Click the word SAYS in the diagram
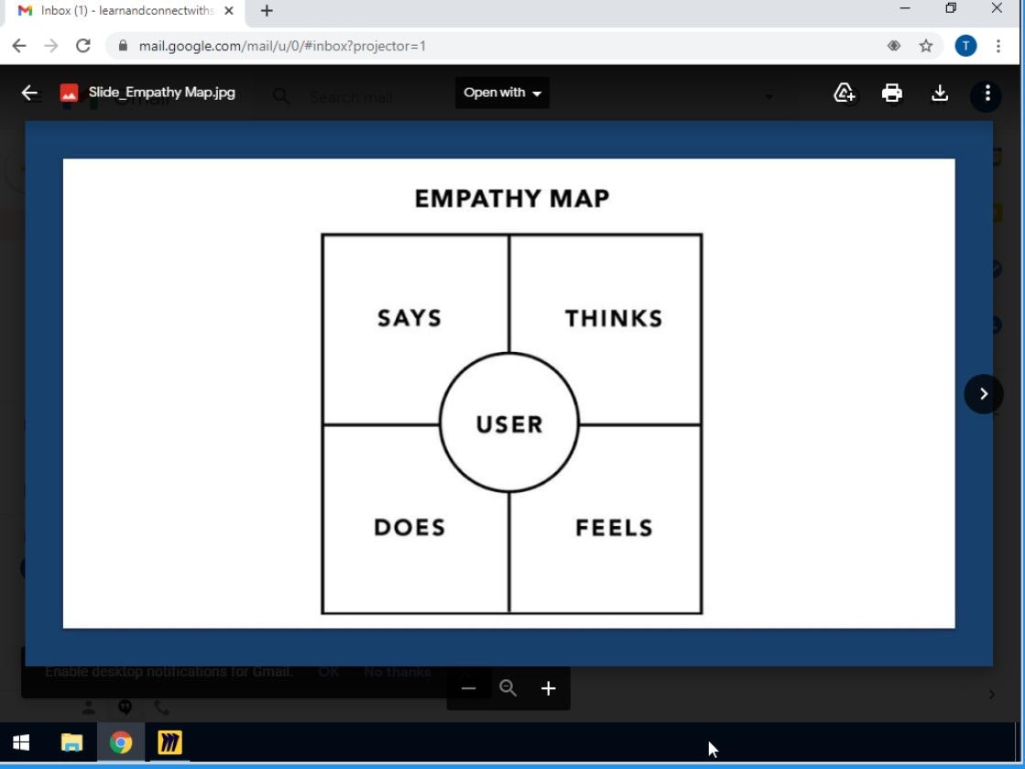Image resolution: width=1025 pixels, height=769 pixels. tap(409, 318)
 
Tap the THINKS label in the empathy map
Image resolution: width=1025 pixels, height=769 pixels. tap(614, 318)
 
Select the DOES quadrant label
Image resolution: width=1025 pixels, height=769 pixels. tap(409, 527)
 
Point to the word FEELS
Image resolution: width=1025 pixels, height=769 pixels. tap(614, 527)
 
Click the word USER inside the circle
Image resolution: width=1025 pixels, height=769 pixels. tap(509, 424)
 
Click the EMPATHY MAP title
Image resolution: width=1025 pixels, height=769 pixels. tap(511, 198)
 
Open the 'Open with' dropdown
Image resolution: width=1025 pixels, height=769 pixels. tap(502, 93)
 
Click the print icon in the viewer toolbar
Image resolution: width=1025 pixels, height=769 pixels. tap(891, 93)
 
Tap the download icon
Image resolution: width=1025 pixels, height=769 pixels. tap(939, 93)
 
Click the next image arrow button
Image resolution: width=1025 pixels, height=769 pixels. tap(984, 394)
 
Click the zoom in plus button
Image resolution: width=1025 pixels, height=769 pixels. tap(548, 688)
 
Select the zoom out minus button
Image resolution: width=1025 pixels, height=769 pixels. tap(469, 688)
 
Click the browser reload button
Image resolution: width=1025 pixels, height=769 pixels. tap(83, 46)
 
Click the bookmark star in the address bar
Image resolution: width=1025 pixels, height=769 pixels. tap(926, 46)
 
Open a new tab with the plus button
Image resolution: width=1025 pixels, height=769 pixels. tap(267, 11)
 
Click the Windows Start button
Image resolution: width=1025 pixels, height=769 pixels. tap(22, 742)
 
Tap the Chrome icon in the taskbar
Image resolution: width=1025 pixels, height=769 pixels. tap(120, 742)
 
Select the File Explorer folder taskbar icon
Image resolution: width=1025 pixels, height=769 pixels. tap(71, 742)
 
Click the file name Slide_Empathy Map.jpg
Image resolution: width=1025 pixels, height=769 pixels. tap(161, 93)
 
